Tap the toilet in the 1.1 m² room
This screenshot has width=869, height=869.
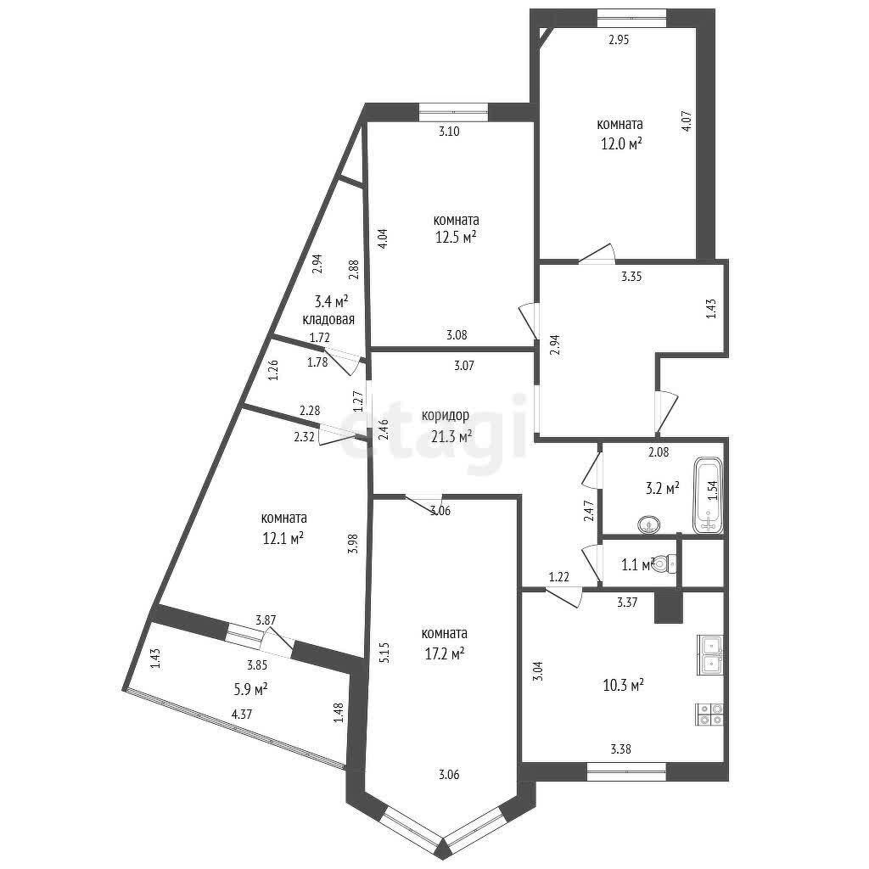pos(665,563)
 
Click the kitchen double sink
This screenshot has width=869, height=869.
pos(710,654)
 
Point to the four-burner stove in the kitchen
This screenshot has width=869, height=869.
pos(709,715)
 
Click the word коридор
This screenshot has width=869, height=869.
pos(445,415)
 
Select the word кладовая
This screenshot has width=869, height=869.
pos(328,320)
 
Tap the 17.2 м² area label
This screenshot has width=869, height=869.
pos(443,654)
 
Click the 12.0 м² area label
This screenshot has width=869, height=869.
pos(621,144)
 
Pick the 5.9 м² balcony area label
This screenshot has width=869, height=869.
pos(251,689)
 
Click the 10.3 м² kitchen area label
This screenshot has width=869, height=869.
pos(623,686)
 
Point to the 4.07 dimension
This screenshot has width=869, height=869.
pos(686,121)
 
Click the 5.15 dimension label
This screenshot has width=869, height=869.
pos(386,653)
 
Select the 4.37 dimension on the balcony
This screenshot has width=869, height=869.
pos(242,715)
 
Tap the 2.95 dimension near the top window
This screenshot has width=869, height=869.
pos(619,39)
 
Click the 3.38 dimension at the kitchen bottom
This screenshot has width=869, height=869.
pos(620,749)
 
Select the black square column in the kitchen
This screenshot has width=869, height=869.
pos(669,607)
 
